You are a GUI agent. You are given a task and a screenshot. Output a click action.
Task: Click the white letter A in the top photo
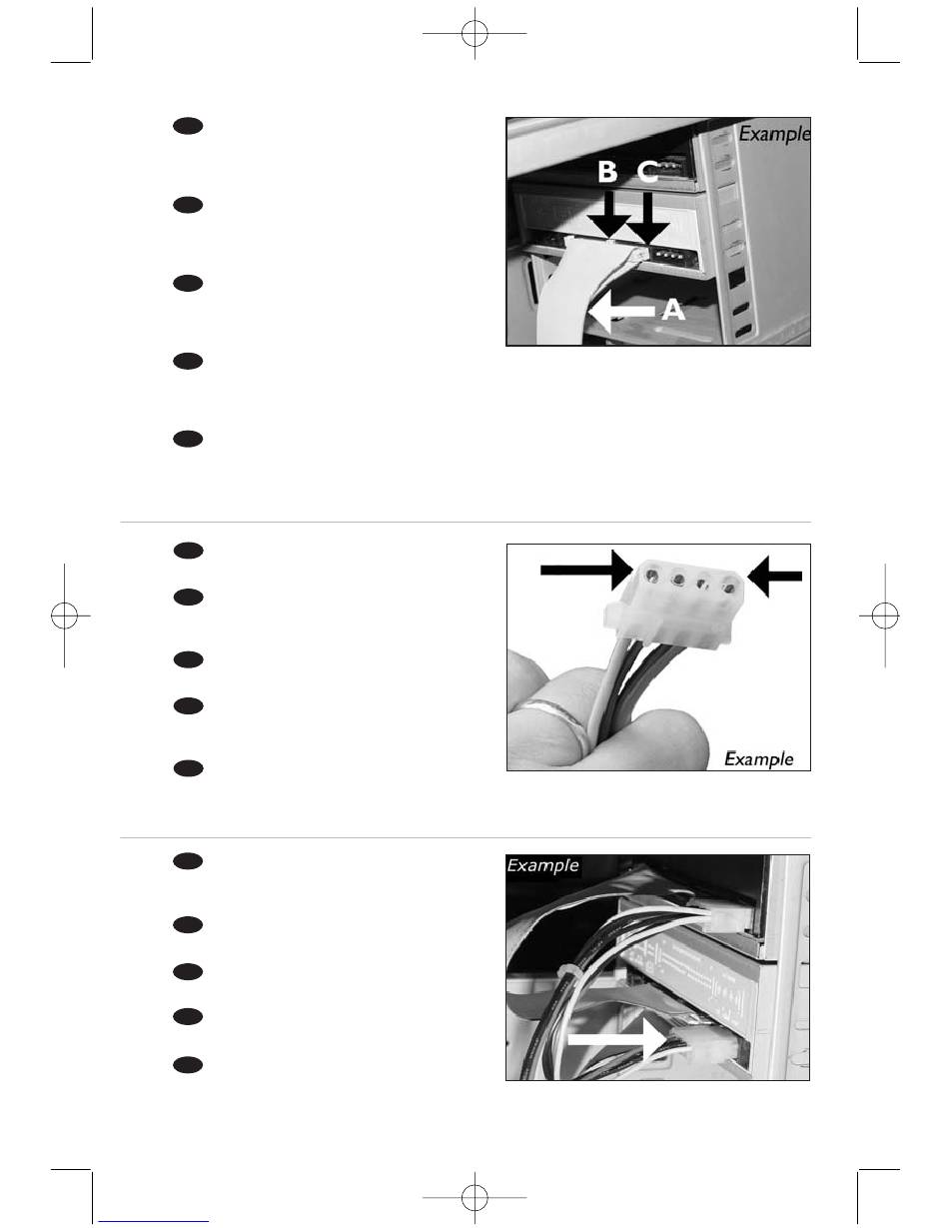(x=673, y=310)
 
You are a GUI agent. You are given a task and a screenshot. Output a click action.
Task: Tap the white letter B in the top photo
(x=607, y=172)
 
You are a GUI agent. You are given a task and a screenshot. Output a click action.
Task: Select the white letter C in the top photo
(x=647, y=173)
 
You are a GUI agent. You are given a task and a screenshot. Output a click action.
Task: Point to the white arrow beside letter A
(x=620, y=311)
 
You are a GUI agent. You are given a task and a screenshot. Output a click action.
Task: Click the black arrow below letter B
(x=609, y=215)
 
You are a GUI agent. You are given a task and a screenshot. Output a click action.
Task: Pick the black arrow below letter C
(x=648, y=218)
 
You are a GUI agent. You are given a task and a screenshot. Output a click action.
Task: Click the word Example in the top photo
(x=774, y=135)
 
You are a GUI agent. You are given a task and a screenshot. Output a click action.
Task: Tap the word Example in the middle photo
(x=758, y=759)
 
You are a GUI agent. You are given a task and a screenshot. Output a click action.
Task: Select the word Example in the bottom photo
(x=542, y=865)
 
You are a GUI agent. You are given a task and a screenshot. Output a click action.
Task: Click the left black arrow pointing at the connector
(x=586, y=571)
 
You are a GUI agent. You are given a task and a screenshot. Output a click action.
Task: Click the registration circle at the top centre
(x=474, y=33)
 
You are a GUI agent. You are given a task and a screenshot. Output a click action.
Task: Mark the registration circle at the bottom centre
(x=474, y=1197)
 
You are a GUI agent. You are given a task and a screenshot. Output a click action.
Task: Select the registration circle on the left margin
(x=64, y=614)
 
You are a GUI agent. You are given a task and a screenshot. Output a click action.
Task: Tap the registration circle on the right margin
(x=885, y=614)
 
